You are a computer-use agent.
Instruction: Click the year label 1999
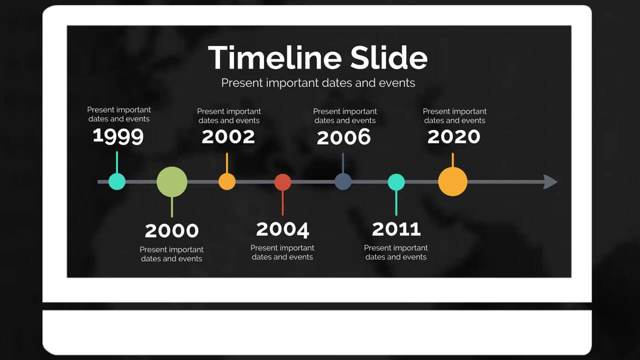tap(118, 136)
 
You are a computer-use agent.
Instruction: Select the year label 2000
tap(171, 230)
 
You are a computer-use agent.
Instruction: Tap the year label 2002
tap(228, 136)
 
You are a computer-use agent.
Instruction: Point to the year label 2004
tap(282, 229)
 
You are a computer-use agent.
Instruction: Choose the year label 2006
tap(343, 136)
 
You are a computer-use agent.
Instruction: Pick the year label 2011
tap(396, 229)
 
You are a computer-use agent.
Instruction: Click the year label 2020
tap(453, 136)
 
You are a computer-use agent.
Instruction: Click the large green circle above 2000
tap(172, 182)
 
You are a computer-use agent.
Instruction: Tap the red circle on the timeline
tap(283, 182)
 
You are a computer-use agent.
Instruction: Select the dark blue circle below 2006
tap(343, 181)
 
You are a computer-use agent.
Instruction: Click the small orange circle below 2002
tap(227, 181)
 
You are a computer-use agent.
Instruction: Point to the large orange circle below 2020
tap(453, 181)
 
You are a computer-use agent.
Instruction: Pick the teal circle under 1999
tap(117, 181)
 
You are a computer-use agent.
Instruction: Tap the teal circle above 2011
tap(396, 182)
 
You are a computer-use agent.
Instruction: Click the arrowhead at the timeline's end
tap(550, 182)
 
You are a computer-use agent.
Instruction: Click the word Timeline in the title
tap(275, 57)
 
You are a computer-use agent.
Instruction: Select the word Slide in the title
tap(389, 57)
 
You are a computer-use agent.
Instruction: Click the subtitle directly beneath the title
tap(318, 83)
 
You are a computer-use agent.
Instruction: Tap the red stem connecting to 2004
tap(283, 203)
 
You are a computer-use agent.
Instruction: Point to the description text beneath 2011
tap(396, 252)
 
